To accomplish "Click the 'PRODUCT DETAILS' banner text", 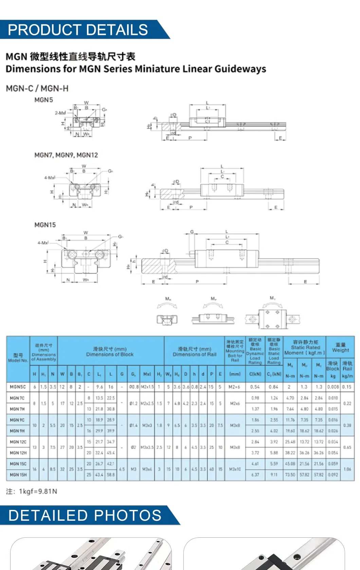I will click(78, 30).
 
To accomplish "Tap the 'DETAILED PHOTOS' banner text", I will click(85, 515).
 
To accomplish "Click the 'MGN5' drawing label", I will click(44, 100).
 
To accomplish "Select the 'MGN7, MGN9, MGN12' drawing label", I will click(66, 155).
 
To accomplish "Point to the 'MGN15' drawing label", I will click(45, 225).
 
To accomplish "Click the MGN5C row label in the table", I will click(18, 387).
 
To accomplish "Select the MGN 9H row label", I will click(17, 431).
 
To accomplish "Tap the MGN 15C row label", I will click(18, 464).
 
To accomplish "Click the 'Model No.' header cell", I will click(18, 358).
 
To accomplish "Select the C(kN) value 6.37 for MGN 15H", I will click(255, 475).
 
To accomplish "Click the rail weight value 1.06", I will click(347, 469).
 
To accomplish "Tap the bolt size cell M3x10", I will click(235, 469).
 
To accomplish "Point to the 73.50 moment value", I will click(290, 475).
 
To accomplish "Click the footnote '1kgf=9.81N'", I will click(38, 491).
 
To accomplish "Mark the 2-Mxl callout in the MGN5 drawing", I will click(60, 113).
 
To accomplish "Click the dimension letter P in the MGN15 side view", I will click(197, 281).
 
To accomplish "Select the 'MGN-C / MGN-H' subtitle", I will click(37, 89).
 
